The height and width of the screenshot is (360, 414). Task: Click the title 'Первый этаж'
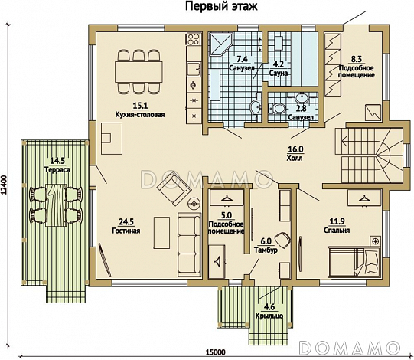pyautogui.click(x=221, y=6)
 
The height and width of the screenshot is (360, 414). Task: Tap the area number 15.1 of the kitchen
pyautogui.click(x=140, y=106)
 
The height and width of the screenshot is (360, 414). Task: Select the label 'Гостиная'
pyautogui.click(x=126, y=231)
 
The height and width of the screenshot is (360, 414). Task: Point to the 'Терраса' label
pyautogui.click(x=57, y=170)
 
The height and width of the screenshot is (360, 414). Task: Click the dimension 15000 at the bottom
pyautogui.click(x=216, y=352)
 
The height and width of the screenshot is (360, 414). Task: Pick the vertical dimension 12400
pyautogui.click(x=5, y=185)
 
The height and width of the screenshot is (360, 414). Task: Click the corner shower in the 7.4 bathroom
pyautogui.click(x=220, y=44)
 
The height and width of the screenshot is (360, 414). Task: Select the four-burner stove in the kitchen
pyautogui.click(x=194, y=39)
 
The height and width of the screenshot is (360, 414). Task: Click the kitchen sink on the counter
pyautogui.click(x=194, y=70)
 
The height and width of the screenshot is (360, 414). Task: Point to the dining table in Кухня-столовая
pyautogui.click(x=139, y=72)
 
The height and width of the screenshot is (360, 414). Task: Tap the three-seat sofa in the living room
pyautogui.click(x=189, y=245)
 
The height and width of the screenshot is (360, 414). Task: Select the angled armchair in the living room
pyautogui.click(x=174, y=188)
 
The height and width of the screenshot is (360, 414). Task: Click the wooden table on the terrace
pyautogui.click(x=56, y=205)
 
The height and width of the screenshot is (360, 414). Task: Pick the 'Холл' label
pyautogui.click(x=295, y=158)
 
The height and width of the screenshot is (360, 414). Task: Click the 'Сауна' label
pyautogui.click(x=279, y=73)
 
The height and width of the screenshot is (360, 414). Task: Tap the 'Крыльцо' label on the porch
pyautogui.click(x=269, y=316)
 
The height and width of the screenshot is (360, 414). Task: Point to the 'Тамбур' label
pyautogui.click(x=266, y=250)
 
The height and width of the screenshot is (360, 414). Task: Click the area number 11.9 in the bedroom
pyautogui.click(x=337, y=221)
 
